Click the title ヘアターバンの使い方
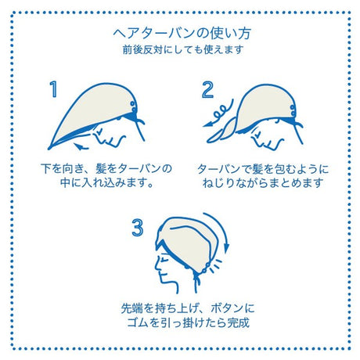point(182,34)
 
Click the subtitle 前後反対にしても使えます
point(183,49)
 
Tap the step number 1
point(53,89)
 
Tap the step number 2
point(207,90)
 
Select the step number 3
point(138,228)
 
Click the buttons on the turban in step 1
point(134,106)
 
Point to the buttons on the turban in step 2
point(293,110)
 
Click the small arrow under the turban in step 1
point(81,146)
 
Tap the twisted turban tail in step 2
point(221,131)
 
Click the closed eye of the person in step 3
point(164,260)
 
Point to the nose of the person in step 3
point(157,267)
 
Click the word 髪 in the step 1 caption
point(101,168)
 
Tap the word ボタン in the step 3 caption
point(227,308)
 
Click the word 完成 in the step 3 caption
point(239,323)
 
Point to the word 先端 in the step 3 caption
point(132,308)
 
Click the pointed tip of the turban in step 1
point(49,149)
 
